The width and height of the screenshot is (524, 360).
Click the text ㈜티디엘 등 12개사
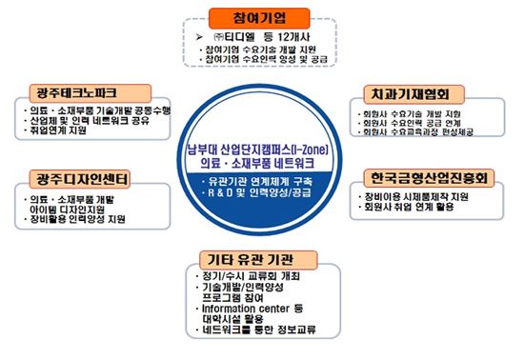coord(258,35)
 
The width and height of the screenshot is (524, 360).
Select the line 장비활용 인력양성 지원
coord(79,220)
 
